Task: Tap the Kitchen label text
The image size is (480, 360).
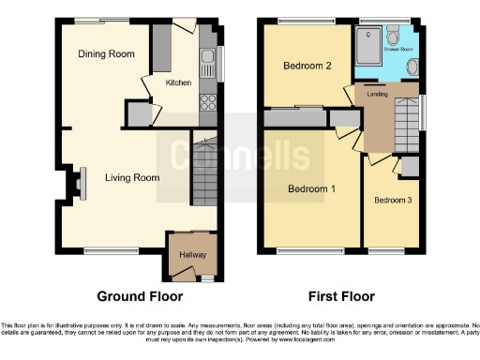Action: [x=178, y=82]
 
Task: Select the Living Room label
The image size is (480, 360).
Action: [x=131, y=176]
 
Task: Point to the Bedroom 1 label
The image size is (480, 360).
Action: [x=311, y=188]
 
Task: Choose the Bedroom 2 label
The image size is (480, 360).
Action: [x=308, y=66]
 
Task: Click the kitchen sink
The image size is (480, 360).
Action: [x=208, y=63]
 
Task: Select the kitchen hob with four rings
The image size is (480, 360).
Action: [x=207, y=102]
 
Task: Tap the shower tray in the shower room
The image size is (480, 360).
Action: [x=367, y=43]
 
